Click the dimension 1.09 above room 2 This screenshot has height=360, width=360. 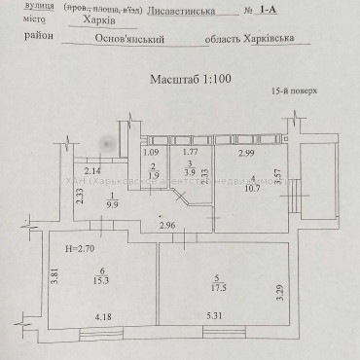coord(151,153)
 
